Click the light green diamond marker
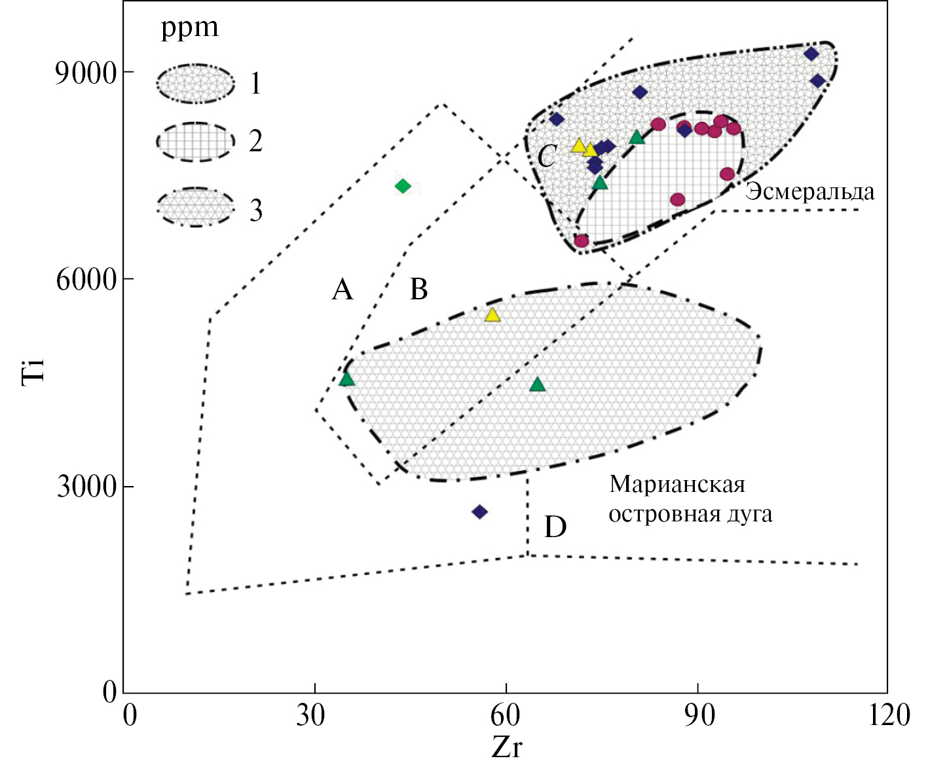[403, 187]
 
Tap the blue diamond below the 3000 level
[479, 512]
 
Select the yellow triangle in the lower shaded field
[492, 315]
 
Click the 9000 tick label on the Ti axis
[85, 73]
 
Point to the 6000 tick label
[85, 280]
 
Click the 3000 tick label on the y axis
[86, 487]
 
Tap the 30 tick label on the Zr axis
[310, 715]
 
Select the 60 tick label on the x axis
[505, 715]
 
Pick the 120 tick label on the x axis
[889, 715]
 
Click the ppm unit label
[190, 28]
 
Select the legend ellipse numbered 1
[195, 83]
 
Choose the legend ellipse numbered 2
[195, 141]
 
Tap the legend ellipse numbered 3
[195, 208]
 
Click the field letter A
[343, 289]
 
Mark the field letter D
[555, 527]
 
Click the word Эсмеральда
[809, 192]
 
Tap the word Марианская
[677, 485]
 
